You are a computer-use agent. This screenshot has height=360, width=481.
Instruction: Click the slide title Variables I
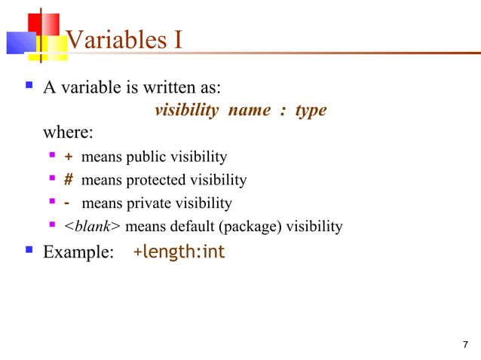(124, 38)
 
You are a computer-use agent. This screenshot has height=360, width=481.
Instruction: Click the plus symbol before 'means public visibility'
(69, 157)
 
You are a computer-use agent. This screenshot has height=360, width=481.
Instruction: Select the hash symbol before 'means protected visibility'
(69, 181)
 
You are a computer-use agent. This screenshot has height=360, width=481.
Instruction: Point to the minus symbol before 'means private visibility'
(68, 203)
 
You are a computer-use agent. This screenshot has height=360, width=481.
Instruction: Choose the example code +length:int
(179, 252)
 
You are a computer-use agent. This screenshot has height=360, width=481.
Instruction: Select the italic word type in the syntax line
(311, 111)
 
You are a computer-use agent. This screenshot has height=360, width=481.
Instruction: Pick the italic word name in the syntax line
(249, 111)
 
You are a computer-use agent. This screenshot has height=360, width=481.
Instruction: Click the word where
(68, 133)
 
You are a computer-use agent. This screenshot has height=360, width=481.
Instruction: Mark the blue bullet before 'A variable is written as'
(29, 87)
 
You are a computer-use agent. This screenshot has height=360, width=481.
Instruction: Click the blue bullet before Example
(29, 252)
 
